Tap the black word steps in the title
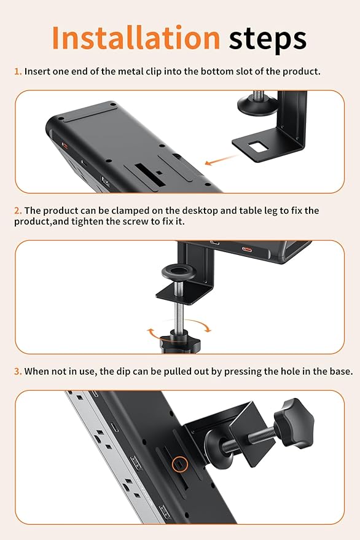(x=267, y=39)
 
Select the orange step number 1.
(x=17, y=71)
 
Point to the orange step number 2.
(x=18, y=211)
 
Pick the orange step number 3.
(x=18, y=372)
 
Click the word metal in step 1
(x=128, y=71)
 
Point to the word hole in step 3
(x=294, y=372)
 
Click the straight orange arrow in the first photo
(x=218, y=161)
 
